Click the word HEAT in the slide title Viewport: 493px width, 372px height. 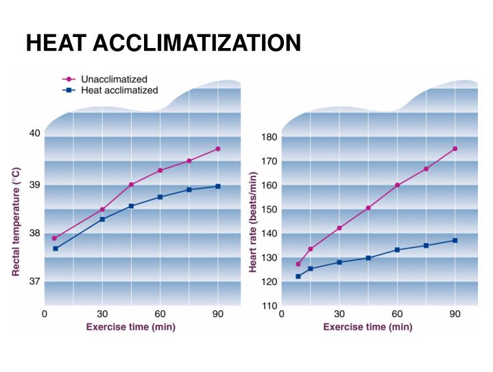[x=55, y=43]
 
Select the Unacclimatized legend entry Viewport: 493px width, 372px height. [x=114, y=80]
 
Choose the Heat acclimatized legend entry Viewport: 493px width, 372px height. [x=119, y=90]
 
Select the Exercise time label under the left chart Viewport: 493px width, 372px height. [x=130, y=327]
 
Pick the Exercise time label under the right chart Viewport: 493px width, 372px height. [x=368, y=327]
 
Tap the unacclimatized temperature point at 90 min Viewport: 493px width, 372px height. [x=218, y=149]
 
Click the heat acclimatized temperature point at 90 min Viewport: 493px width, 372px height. [x=218, y=186]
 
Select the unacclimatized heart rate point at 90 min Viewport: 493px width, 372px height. [x=455, y=149]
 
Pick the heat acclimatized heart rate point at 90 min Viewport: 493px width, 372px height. [x=455, y=240]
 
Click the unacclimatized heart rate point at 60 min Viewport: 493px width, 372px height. [x=397, y=185]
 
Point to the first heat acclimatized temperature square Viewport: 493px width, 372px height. [x=55, y=248]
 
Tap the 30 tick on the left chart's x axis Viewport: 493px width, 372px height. [x=103, y=314]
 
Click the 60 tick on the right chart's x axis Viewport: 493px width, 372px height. [x=397, y=314]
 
